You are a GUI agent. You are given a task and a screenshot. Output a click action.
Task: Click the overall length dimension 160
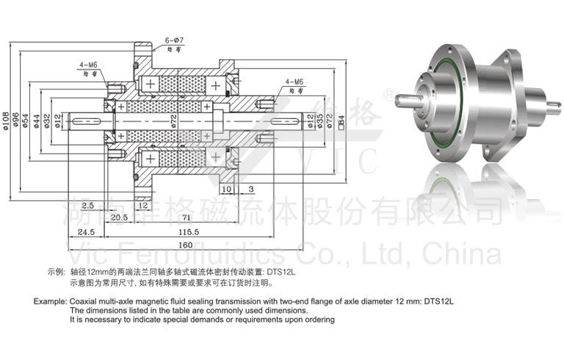(x=185, y=245)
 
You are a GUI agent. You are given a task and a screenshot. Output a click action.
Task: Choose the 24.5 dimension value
(x=88, y=231)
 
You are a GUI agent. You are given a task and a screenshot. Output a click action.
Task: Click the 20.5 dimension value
(x=120, y=218)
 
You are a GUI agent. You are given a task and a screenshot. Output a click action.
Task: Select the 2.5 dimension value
(x=87, y=204)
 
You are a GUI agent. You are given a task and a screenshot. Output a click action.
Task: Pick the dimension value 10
(x=227, y=189)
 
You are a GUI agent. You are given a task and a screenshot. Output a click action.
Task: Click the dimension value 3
(x=250, y=189)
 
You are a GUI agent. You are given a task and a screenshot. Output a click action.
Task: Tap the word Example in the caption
(x=49, y=301)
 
